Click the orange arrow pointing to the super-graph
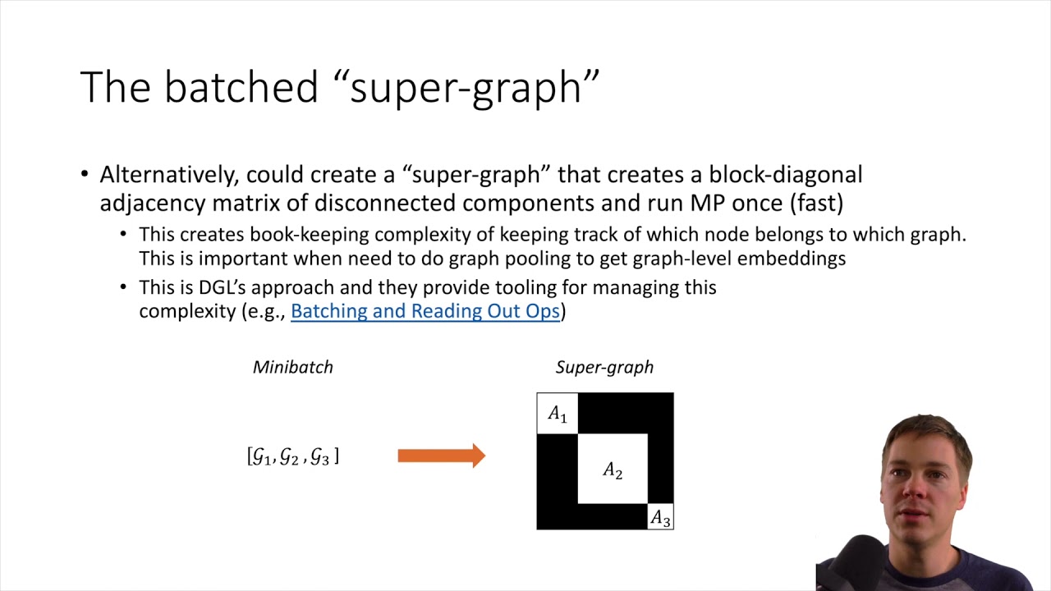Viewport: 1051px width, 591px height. (x=441, y=456)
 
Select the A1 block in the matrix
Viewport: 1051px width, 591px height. (x=558, y=414)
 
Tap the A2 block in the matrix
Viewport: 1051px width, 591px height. (x=613, y=470)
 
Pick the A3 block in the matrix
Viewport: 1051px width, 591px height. (x=660, y=518)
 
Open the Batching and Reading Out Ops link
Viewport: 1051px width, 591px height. (x=425, y=311)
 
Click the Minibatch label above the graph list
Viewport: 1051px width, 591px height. (x=293, y=367)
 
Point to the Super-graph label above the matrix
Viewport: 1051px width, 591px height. (x=604, y=367)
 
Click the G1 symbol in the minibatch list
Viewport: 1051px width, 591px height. (x=262, y=456)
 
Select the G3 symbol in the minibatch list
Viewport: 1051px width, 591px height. (x=320, y=456)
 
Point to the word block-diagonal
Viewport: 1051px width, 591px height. (x=785, y=175)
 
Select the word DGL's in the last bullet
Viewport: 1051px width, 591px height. (x=224, y=287)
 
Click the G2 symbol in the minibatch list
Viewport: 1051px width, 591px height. (x=290, y=456)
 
